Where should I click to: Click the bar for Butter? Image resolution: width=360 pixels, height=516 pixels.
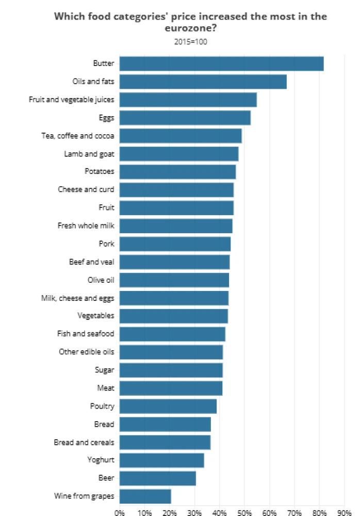click(x=221, y=63)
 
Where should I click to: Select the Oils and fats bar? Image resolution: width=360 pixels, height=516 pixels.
click(x=203, y=82)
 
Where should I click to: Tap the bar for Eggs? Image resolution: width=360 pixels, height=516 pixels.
click(x=185, y=118)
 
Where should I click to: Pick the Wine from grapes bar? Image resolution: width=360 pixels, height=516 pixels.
click(x=145, y=496)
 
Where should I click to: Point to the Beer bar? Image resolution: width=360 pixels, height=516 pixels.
click(x=157, y=478)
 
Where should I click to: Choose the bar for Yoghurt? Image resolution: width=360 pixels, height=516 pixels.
click(x=161, y=460)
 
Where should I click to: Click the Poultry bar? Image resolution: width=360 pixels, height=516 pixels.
click(x=168, y=406)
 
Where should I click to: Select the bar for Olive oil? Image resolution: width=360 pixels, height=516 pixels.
click(x=174, y=280)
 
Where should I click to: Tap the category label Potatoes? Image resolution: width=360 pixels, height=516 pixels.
click(x=100, y=171)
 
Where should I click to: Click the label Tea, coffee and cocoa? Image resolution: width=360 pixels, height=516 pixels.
click(x=77, y=136)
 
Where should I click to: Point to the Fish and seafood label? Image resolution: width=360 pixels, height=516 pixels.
click(x=86, y=334)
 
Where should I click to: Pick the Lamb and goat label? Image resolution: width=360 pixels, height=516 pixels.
click(x=89, y=154)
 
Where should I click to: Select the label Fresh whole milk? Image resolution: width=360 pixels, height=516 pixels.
click(x=86, y=226)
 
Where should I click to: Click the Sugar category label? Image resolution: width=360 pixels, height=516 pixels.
click(x=104, y=370)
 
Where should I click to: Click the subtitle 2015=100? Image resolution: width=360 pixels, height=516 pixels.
click(x=191, y=42)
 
